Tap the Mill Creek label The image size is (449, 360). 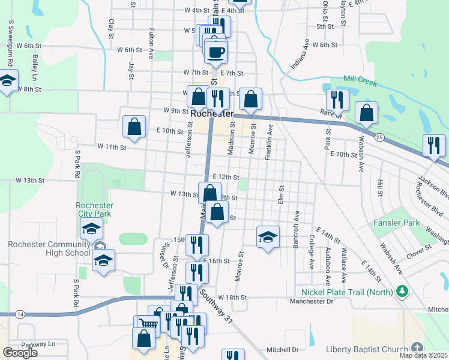tap(360, 80)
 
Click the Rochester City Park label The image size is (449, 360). tap(94, 209)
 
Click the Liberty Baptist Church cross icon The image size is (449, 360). tap(418, 349)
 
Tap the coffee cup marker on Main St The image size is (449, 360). tap(216, 51)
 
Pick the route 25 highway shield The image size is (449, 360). tap(379, 137)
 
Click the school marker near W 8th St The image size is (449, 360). tap(8, 80)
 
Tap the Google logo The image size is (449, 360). tap(20, 352)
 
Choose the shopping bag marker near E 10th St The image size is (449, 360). tap(134, 126)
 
